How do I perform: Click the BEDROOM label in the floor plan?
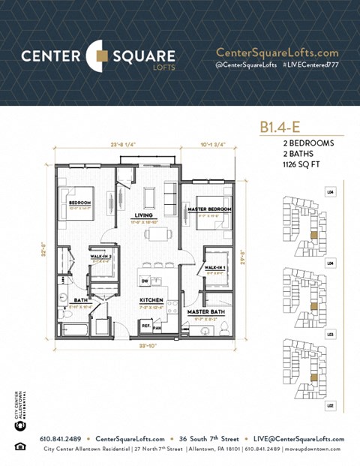point(79,203)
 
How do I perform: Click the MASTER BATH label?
point(202,311)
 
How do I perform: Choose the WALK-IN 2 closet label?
point(100,257)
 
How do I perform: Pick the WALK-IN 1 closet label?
point(213,267)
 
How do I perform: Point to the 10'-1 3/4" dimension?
point(213,145)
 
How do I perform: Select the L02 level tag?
point(330,405)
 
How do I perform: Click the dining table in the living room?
point(158,233)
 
